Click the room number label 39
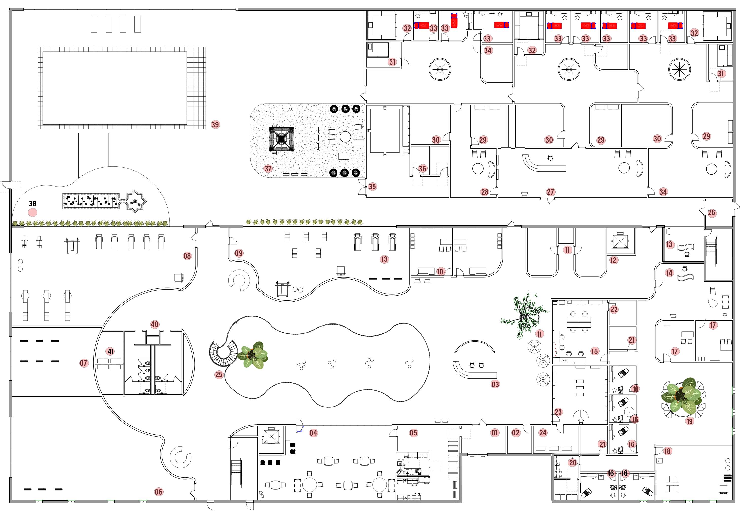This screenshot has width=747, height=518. click(215, 124)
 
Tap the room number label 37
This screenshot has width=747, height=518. click(268, 169)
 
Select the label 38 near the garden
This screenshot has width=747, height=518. click(33, 204)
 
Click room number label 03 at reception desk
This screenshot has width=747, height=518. click(495, 384)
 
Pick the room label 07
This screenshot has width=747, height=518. click(84, 363)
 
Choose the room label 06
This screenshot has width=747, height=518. click(158, 492)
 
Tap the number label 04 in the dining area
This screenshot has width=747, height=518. click(313, 433)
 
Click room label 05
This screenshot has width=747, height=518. click(413, 433)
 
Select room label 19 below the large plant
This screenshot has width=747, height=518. click(690, 421)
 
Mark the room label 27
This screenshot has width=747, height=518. click(550, 192)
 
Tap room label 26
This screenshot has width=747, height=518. click(711, 213)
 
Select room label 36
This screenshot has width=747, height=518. click(422, 168)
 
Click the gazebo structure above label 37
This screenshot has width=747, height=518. click(281, 139)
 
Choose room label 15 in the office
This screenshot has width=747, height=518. click(594, 351)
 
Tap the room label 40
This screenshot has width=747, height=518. click(154, 324)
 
